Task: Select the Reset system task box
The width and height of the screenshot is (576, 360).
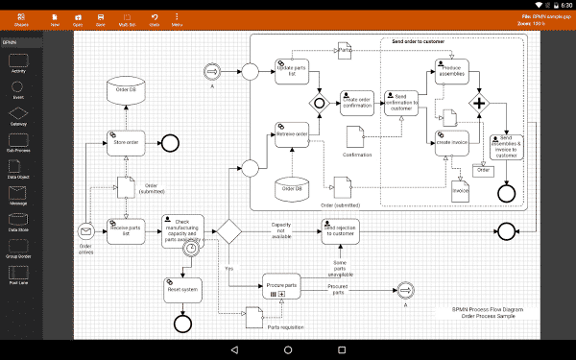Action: click(x=182, y=289)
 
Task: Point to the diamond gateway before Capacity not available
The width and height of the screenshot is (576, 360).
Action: click(x=228, y=230)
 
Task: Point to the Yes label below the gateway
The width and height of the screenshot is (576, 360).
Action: click(x=228, y=269)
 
